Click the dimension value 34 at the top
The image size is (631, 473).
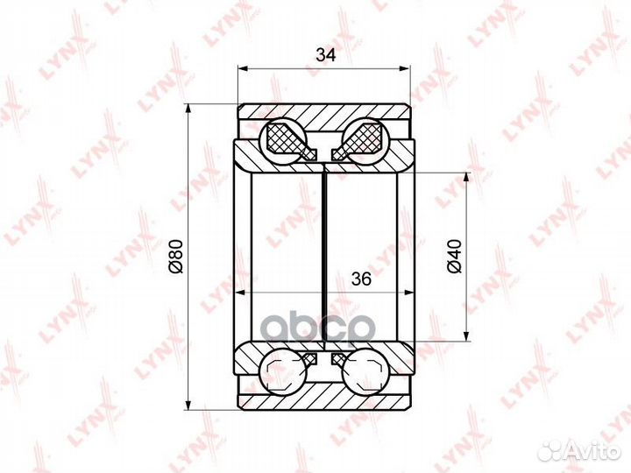325,54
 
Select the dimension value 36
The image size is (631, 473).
361,279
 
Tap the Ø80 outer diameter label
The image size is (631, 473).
176,256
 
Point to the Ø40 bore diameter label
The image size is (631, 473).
454,256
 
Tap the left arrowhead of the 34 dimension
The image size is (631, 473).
242,68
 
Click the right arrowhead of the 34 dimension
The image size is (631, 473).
405,68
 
